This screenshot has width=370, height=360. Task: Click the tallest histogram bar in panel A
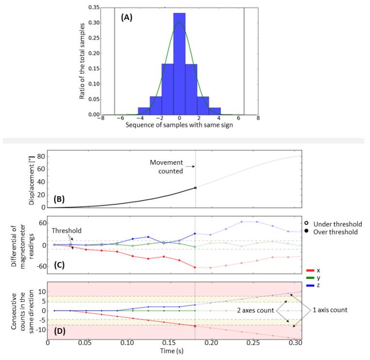click(x=179, y=68)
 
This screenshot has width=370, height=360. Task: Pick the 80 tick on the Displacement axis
click(x=40, y=157)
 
